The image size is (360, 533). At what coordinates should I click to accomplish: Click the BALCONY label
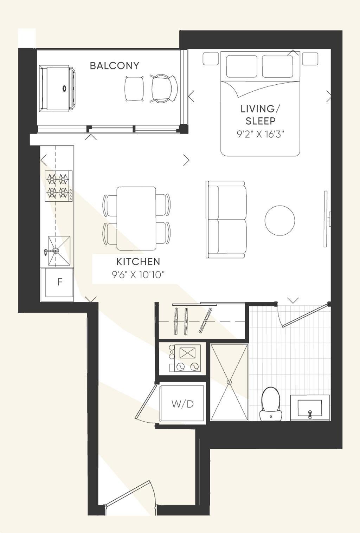(115, 65)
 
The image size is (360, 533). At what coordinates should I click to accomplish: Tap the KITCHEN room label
(138, 262)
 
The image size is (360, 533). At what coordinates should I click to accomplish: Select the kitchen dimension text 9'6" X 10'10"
(138, 275)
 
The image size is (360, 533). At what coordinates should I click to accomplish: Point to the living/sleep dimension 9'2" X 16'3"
(261, 135)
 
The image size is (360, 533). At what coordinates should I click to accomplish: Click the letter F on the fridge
(60, 282)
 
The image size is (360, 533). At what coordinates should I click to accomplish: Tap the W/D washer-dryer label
(182, 404)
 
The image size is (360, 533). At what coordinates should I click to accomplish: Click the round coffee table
(280, 220)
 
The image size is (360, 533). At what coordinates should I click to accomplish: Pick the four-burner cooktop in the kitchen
(59, 186)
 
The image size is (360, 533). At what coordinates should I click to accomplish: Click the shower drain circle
(229, 382)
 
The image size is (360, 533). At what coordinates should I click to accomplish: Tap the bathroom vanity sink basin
(310, 408)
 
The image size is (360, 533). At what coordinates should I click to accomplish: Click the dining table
(136, 219)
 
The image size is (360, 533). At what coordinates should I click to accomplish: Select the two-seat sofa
(226, 219)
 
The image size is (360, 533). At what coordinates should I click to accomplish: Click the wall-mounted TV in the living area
(326, 219)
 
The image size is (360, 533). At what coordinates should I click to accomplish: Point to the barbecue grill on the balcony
(57, 89)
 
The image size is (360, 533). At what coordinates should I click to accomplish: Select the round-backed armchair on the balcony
(164, 88)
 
